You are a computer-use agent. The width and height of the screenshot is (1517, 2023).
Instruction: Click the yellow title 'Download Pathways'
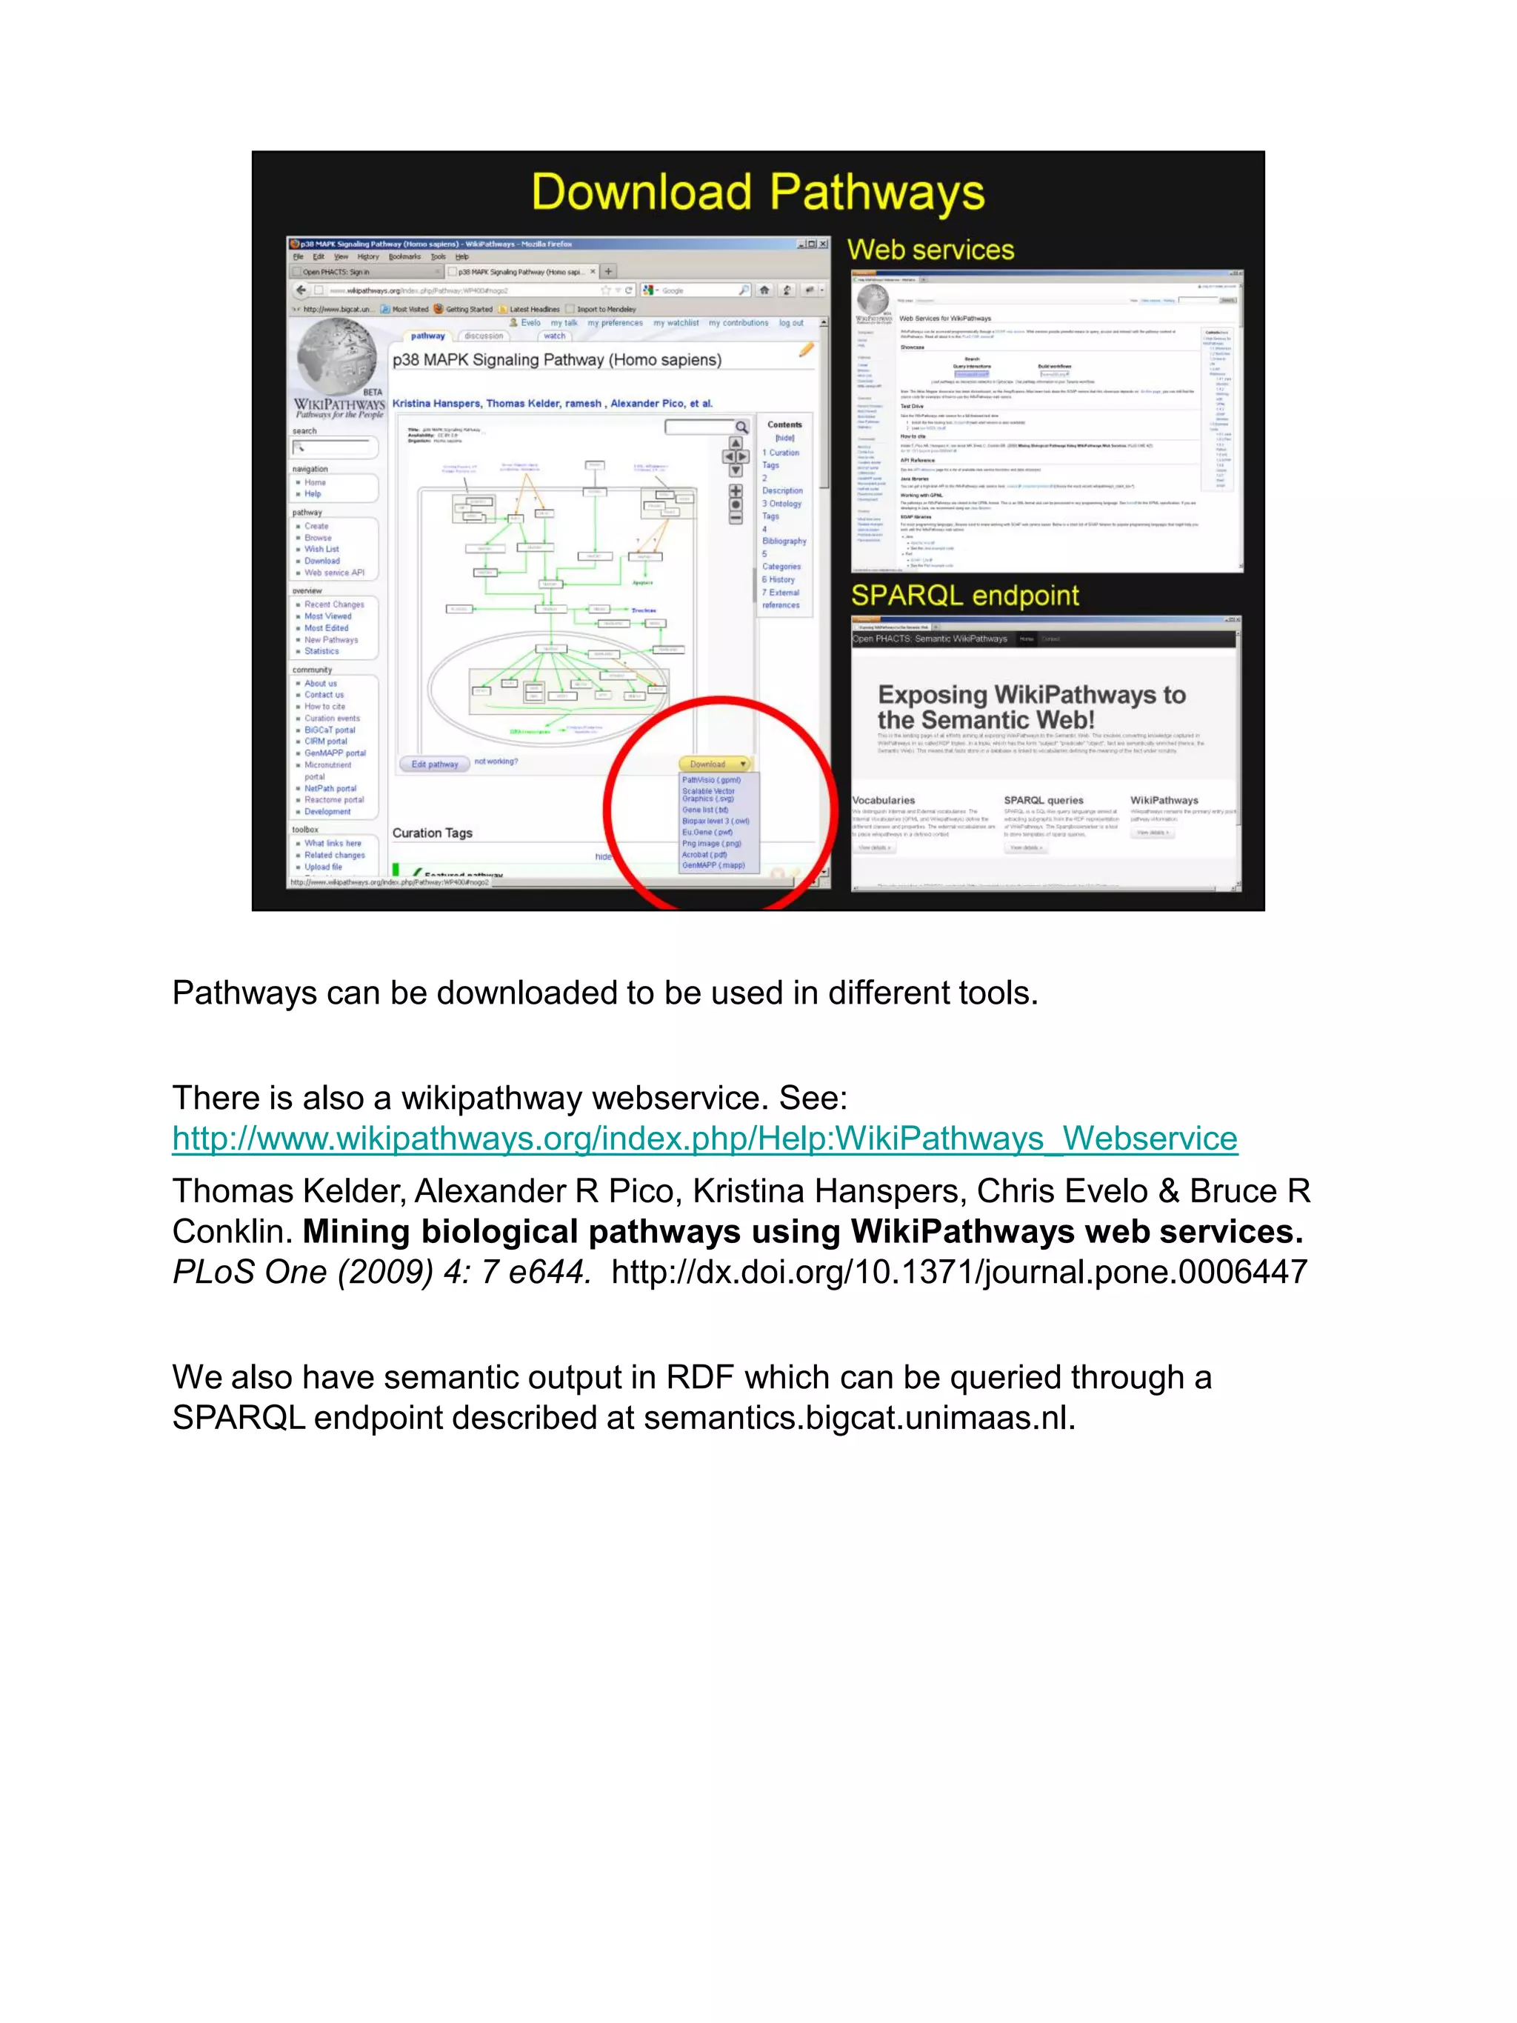pos(757,193)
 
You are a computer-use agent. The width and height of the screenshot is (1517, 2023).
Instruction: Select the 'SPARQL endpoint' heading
pos(964,596)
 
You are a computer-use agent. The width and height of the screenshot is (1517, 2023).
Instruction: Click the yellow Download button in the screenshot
pos(713,764)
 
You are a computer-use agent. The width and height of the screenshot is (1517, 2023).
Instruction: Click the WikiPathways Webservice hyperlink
pos(704,1139)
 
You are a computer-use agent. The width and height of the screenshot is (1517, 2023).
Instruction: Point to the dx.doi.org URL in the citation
pos(959,1271)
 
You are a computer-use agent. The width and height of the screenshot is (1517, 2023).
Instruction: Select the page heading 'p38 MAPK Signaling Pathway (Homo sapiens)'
pos(557,360)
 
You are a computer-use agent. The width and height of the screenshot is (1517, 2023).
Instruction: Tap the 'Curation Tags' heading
pos(433,833)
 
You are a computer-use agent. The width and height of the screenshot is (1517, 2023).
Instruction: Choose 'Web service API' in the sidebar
pos(334,573)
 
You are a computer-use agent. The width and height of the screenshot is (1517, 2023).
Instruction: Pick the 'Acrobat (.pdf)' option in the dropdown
pos(704,854)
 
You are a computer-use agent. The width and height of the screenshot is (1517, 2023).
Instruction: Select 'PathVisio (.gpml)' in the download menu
pos(710,780)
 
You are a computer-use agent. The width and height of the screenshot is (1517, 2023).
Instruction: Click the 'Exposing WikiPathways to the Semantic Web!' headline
pos(1031,707)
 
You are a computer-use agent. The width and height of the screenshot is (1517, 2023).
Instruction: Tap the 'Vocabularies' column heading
pos(884,800)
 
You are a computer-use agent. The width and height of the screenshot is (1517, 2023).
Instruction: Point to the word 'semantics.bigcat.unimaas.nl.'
pos(859,1418)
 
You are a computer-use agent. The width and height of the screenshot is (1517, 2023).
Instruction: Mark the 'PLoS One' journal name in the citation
pos(250,1271)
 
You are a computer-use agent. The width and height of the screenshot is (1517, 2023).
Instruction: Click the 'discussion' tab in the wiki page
pos(484,336)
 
